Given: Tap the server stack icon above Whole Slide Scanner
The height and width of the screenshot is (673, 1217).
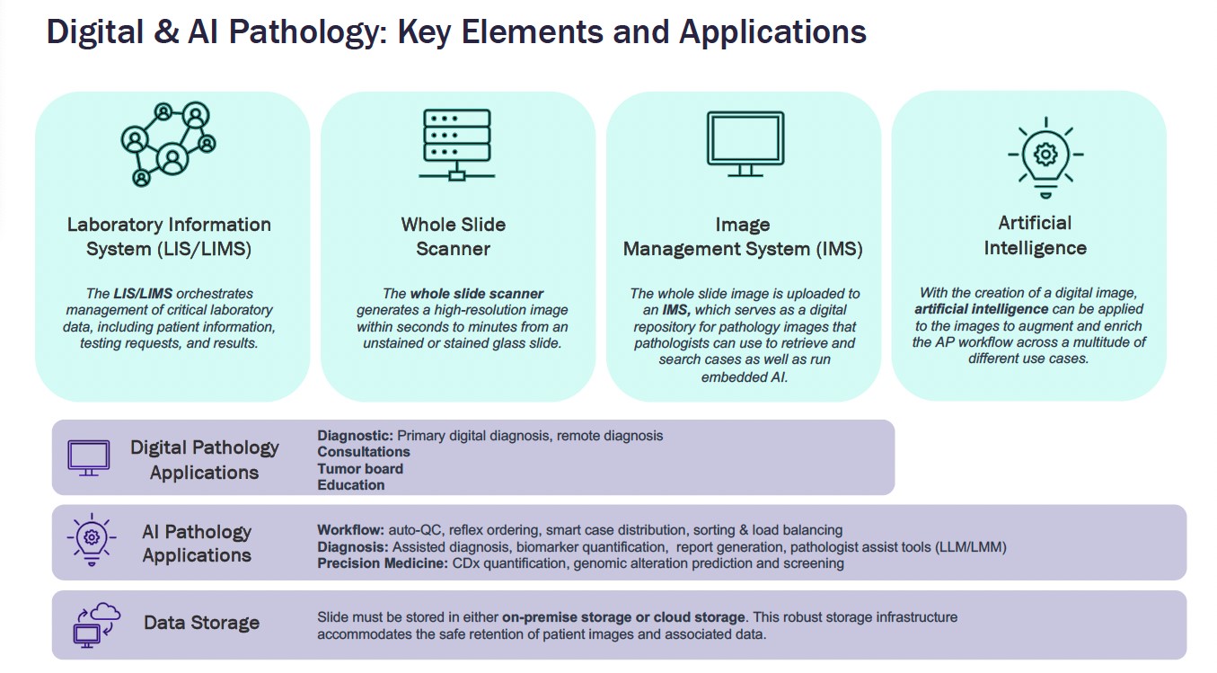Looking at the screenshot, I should click(x=456, y=144).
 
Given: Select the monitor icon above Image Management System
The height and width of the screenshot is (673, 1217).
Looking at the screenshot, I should click(x=745, y=143).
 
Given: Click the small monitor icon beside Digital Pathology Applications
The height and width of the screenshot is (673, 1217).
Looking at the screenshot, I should click(x=89, y=457).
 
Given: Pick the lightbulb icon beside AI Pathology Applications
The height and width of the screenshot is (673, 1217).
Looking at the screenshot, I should click(x=90, y=540).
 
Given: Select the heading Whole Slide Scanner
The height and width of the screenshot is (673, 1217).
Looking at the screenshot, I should click(x=454, y=236).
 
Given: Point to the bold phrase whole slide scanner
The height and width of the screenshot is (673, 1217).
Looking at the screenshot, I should click(x=477, y=294).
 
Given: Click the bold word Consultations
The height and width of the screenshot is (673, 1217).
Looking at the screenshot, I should click(x=364, y=452).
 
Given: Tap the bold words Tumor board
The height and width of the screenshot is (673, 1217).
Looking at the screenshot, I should click(x=360, y=468).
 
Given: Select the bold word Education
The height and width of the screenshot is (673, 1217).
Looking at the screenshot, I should click(x=351, y=485).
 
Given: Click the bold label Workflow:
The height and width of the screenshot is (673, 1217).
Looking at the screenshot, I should click(x=350, y=530).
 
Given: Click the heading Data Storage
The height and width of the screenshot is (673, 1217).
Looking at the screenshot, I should click(x=201, y=623).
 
